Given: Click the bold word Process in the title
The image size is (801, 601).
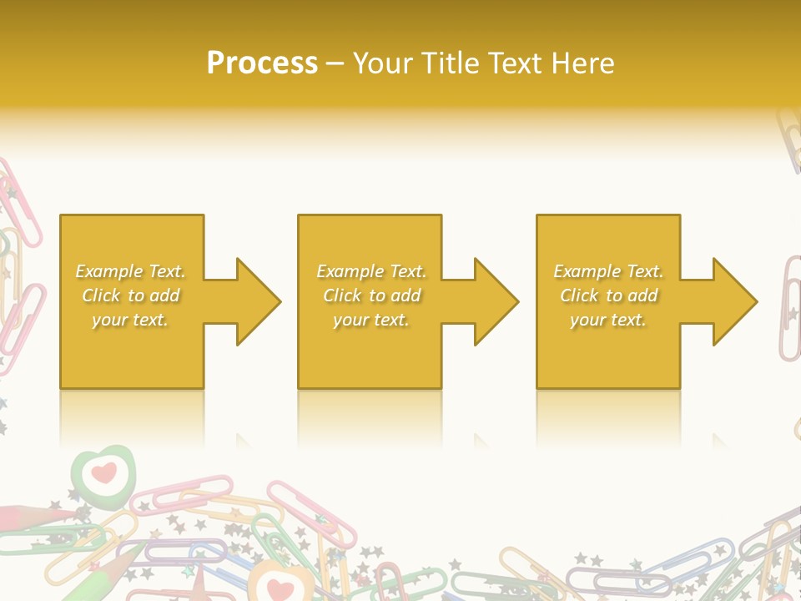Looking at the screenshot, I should tap(262, 63).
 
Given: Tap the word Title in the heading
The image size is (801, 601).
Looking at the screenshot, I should tap(448, 63).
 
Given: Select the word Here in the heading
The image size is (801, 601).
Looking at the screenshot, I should tap(583, 63).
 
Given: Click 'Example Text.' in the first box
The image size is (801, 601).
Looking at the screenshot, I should tap(130, 271).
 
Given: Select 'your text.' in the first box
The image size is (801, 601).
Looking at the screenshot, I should tap(130, 320).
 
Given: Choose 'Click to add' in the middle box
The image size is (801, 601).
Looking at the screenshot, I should tap(371, 295).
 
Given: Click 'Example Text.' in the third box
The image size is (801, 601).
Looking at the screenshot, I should tap(608, 271).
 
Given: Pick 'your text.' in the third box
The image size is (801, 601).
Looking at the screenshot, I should tap(608, 320).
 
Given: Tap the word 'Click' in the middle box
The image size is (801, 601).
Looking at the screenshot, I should tap(341, 295).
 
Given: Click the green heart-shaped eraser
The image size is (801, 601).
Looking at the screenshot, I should tap(102, 472).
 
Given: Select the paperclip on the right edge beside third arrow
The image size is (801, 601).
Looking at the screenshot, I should tap(789, 309).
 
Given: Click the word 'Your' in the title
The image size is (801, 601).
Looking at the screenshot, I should tap(382, 63).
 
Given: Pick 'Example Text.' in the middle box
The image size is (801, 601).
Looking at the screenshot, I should tap(371, 271).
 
